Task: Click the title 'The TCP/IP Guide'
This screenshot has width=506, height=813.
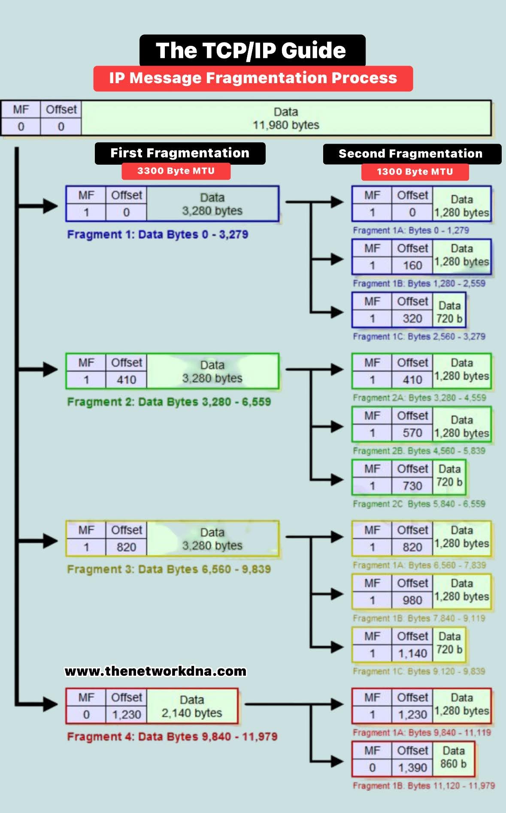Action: (252, 51)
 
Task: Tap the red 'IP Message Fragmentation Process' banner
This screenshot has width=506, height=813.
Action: (253, 78)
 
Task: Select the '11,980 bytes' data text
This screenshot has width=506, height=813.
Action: (286, 125)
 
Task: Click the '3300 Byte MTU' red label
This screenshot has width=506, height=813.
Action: (176, 171)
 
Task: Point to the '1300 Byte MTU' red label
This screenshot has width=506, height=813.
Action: (415, 172)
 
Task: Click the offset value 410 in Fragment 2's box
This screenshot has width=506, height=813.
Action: (126, 380)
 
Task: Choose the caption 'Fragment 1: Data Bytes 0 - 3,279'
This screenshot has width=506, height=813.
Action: (158, 235)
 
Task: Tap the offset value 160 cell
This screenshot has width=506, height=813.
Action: (412, 266)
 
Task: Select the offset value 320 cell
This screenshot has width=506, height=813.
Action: (412, 319)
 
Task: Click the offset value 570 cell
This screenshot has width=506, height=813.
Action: (412, 433)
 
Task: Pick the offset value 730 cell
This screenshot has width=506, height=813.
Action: (412, 486)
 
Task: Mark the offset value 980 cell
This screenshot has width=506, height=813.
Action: (412, 600)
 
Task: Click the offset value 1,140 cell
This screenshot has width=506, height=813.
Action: (412, 653)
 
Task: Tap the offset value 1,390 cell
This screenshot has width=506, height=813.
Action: (412, 768)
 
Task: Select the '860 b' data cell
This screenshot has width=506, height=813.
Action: (453, 764)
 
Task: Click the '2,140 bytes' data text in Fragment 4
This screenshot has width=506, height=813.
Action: (192, 713)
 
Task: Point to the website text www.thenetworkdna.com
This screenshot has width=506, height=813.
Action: (155, 671)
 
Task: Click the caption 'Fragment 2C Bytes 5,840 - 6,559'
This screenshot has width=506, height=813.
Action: (419, 504)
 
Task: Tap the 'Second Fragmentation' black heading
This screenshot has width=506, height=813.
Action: (411, 154)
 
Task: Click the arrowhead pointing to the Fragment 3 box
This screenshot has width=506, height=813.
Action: (50, 541)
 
